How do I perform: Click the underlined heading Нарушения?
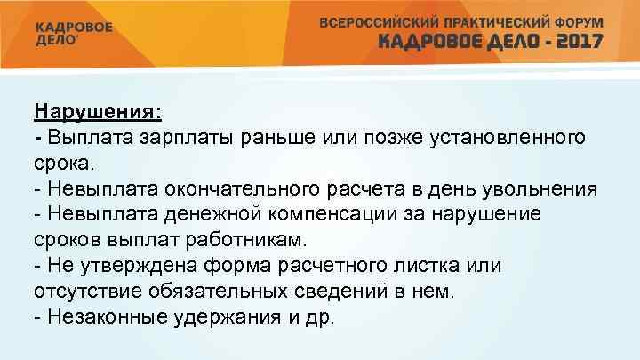[98, 113]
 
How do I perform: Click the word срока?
[67, 164]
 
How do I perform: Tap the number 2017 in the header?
[575, 41]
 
